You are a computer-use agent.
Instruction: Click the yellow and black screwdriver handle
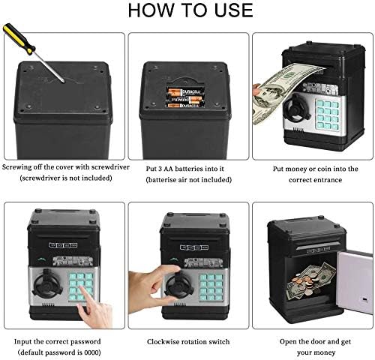point(19,38)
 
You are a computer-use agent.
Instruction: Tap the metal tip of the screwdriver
point(62,80)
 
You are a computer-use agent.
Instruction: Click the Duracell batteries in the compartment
point(185,97)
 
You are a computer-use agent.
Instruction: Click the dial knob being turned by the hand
point(178,288)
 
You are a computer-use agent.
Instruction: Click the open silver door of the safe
point(354,283)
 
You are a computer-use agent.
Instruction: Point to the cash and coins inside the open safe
point(312,280)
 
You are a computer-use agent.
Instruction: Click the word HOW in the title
point(151,10)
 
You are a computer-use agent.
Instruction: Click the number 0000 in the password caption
point(91,352)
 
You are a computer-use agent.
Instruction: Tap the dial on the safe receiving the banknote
point(297,109)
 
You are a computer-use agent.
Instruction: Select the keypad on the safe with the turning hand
point(211,288)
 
